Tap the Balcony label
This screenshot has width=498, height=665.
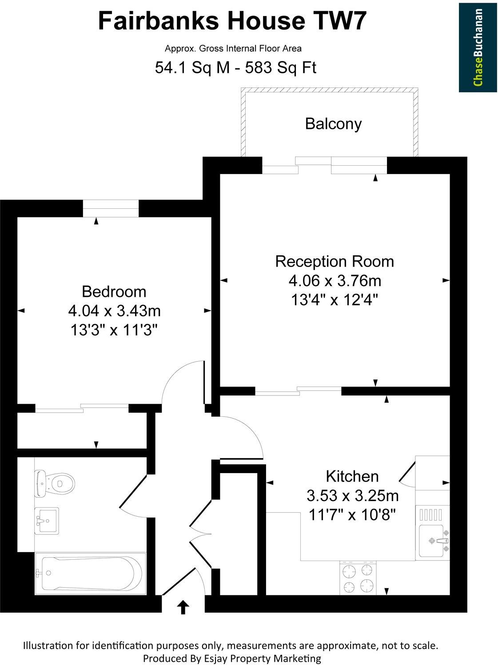point(333,123)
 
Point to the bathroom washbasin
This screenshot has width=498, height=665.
point(46,520)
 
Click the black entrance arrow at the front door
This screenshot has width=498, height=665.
point(183,607)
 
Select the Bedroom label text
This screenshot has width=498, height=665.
point(114,291)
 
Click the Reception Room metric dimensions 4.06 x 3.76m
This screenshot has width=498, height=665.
point(335,281)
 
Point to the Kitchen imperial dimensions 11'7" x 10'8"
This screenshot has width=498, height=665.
point(352,515)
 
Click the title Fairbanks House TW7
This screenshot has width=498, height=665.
point(232,21)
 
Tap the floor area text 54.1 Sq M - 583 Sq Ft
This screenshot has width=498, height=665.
point(235,68)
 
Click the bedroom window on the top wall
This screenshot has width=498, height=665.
point(111,208)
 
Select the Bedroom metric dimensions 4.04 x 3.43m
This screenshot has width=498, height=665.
point(114,311)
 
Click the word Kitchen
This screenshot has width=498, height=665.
point(352,476)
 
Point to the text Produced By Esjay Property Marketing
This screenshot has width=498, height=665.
point(232,658)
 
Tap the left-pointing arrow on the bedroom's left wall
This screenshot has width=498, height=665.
point(21,311)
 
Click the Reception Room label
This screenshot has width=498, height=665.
point(335,261)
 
